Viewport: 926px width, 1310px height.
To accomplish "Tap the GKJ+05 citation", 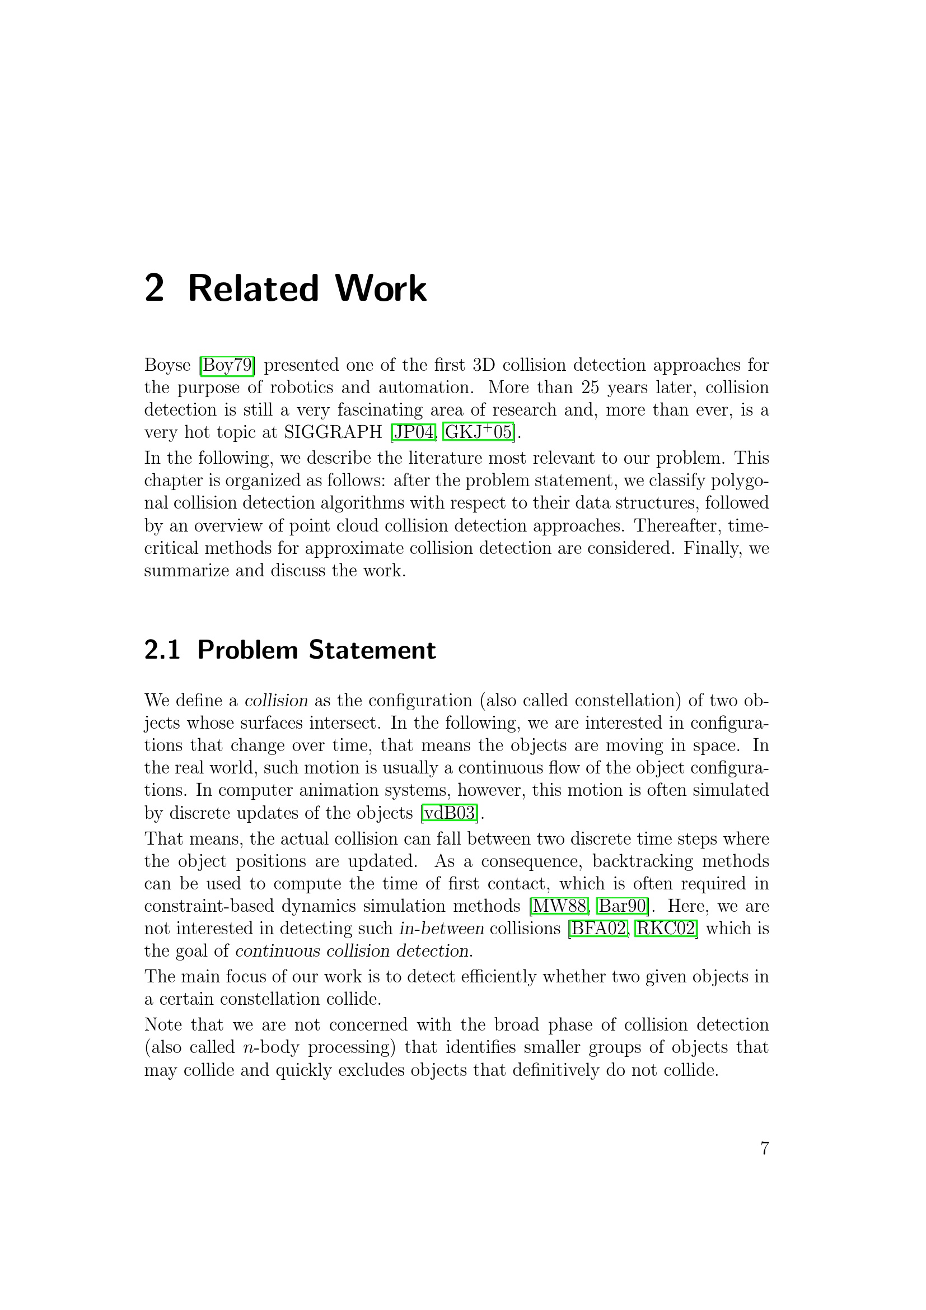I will point(478,432).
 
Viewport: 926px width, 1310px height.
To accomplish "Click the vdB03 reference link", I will point(450,813).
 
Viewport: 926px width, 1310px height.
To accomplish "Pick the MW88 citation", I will point(559,906).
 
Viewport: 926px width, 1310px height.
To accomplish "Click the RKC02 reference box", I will point(666,929).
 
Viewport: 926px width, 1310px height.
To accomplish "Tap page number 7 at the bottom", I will point(765,1149).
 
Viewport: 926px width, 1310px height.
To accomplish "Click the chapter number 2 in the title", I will point(155,288).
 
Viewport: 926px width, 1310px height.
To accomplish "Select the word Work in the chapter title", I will point(380,288).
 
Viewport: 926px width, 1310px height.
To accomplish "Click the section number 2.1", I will point(162,650).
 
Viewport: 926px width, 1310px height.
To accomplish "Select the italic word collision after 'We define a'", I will point(276,701).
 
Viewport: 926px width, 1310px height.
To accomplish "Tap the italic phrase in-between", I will point(441,929).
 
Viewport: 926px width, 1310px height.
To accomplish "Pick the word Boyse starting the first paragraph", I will point(167,365).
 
